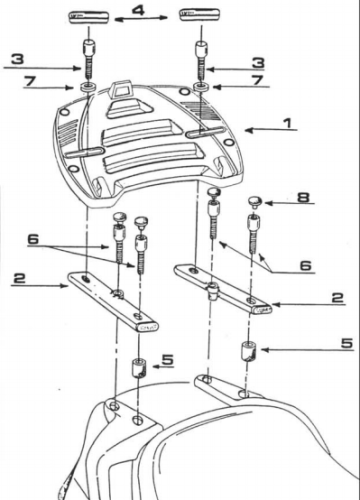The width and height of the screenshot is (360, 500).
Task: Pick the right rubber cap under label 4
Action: coord(197,16)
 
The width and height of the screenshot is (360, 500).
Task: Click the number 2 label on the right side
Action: coord(337,297)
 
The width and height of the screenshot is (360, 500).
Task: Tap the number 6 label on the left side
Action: coord(34,241)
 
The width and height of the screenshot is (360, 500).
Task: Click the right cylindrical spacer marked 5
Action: coord(247,353)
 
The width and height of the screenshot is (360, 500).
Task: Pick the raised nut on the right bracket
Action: coord(212,291)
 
